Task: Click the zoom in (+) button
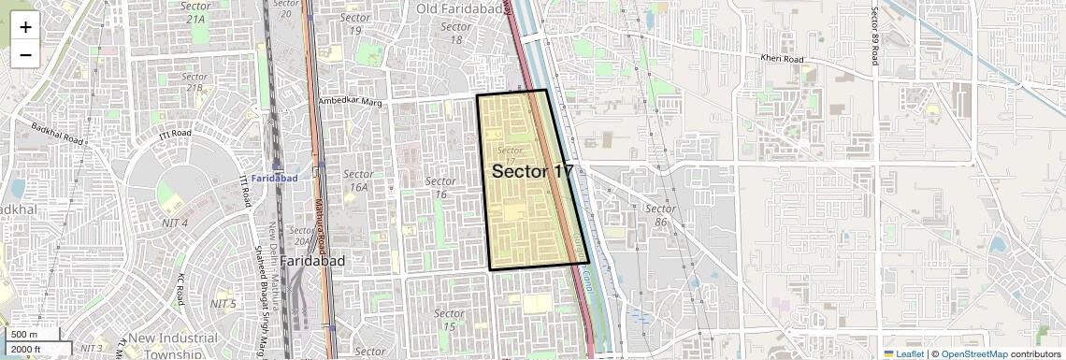coord(25,27)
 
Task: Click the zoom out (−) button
coord(25,54)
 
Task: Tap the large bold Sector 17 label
coord(532,171)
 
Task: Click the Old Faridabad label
coord(454,9)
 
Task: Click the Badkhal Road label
coord(58,134)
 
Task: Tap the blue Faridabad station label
coord(274,178)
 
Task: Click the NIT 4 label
coord(173,223)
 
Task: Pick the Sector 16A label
coord(358,180)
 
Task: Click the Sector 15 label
coord(449,320)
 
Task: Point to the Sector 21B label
coord(194,82)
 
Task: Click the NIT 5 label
coord(223,304)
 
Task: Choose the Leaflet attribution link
coord(903,353)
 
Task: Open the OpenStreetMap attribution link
coord(973,353)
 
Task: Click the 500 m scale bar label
coord(24,335)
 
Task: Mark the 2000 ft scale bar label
coord(26,350)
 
